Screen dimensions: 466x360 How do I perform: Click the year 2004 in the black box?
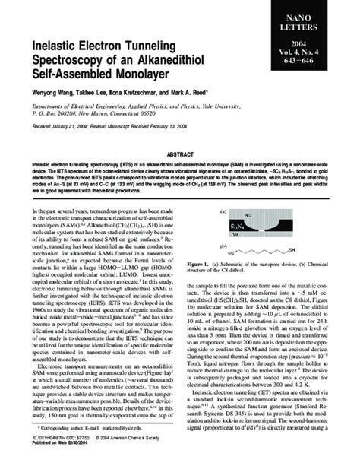click(x=318, y=45)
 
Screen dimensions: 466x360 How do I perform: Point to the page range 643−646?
click(x=318, y=63)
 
